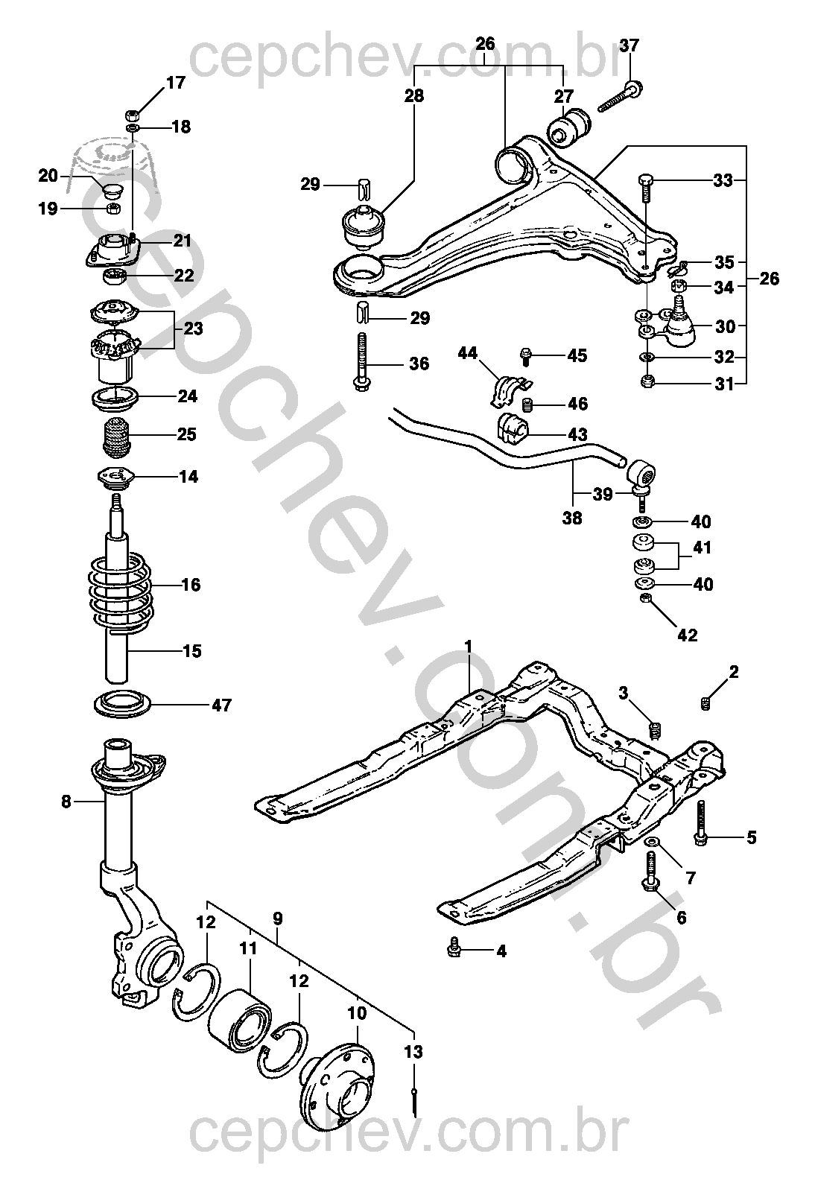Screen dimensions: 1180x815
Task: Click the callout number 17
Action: point(175,83)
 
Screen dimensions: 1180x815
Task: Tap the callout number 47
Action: point(221,705)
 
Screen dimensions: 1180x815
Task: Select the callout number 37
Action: point(630,45)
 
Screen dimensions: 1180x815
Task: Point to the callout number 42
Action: point(687,635)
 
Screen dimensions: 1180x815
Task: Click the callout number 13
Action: point(413,1052)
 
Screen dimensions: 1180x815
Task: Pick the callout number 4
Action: point(501,951)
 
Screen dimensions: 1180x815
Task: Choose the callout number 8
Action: point(66,802)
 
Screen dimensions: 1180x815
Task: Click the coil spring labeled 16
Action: point(119,589)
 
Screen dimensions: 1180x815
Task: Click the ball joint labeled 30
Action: point(678,322)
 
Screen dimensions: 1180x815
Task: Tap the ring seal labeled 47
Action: point(122,704)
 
